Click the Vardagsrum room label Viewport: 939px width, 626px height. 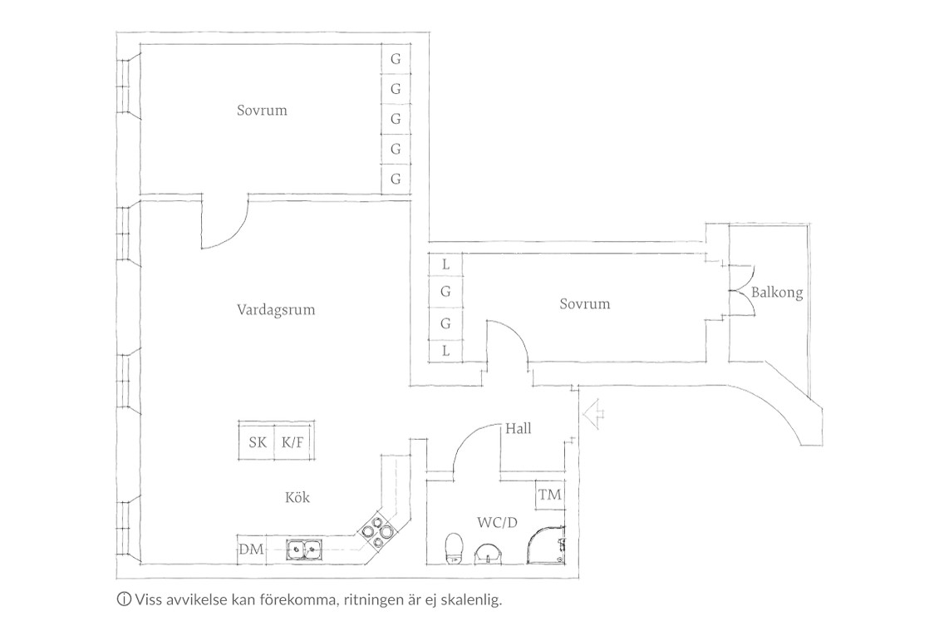276,310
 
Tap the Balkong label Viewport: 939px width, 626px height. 777,293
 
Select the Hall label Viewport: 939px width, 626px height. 518,428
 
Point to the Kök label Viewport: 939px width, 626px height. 297,497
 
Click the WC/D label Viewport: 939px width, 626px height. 497,522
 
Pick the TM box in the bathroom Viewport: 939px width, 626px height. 550,495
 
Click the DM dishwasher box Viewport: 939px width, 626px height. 252,550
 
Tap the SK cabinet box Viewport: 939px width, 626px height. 257,441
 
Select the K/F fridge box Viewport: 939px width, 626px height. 293,441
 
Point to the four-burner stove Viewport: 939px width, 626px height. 377,530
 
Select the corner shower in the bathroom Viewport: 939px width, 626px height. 546,545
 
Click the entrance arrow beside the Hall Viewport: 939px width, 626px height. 594,413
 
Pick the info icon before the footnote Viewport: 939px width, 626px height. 124,599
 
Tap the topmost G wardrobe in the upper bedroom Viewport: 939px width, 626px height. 396,59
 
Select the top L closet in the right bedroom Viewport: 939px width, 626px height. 445,264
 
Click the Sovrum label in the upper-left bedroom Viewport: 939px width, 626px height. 262,111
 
